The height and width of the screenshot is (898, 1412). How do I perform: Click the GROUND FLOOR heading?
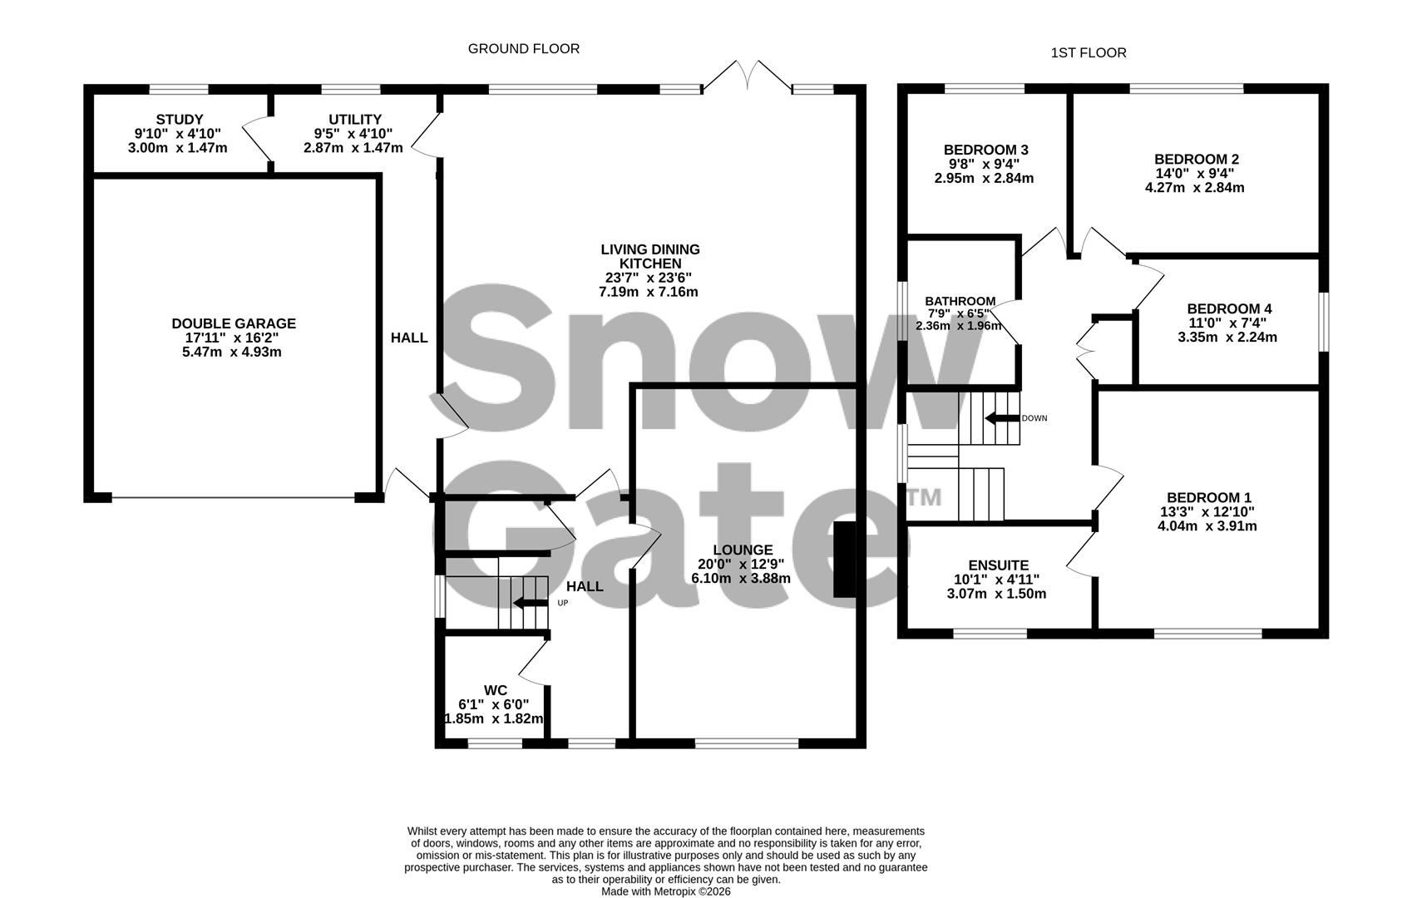pos(523,49)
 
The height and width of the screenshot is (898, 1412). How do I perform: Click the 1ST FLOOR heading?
pos(1088,53)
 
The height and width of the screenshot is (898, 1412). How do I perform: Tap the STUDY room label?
pos(179,120)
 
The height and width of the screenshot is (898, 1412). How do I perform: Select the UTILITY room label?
pos(354,120)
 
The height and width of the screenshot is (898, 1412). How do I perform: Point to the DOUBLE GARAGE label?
pos(233,324)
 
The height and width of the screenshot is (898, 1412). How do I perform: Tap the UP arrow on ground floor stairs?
pos(529,603)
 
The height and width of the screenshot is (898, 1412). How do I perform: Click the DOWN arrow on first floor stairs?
pos(1001,418)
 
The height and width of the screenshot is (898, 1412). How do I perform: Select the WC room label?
pos(495,690)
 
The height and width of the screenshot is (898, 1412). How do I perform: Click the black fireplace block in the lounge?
pos(844,559)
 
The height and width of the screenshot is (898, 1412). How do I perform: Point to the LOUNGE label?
pos(742,550)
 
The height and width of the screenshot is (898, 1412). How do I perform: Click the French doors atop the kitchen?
pos(747,75)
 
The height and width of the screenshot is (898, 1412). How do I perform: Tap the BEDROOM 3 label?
pos(985,150)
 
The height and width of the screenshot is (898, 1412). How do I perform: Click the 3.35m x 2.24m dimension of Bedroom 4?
pos(1227,337)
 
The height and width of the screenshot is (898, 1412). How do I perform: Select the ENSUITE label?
pos(998,565)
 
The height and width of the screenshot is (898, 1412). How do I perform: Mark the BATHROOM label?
pos(960,301)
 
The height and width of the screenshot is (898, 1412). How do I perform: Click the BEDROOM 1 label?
pos(1207,497)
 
